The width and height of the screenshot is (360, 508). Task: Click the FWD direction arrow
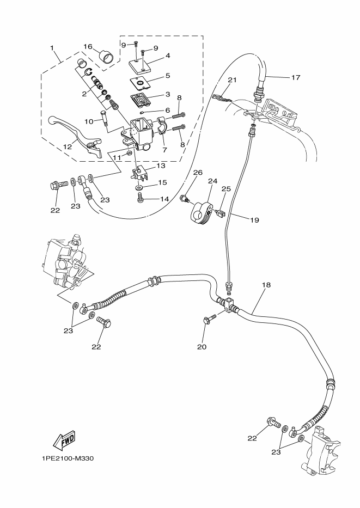[x=64, y=441]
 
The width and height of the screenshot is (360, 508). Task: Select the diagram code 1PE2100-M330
[x=68, y=458]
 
